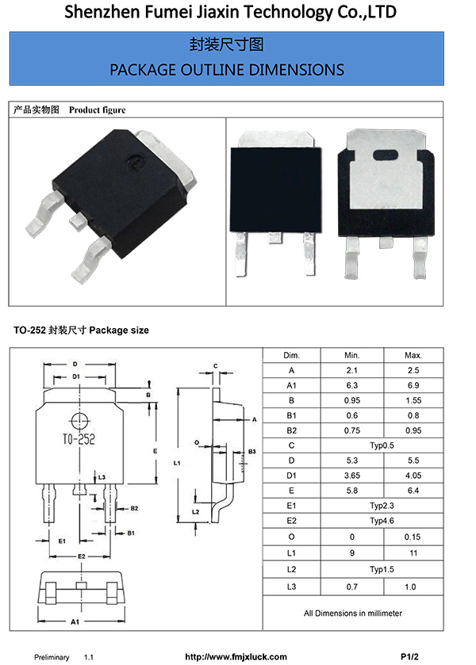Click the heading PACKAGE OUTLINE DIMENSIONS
coord(227,70)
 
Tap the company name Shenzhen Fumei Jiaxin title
coord(230,13)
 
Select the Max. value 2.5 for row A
coord(413,370)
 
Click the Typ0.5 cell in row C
coord(382,445)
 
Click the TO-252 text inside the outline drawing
coord(78,439)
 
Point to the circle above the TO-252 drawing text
coord(78,421)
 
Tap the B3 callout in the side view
coord(251,451)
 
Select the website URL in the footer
coord(236,657)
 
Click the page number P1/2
coord(409,657)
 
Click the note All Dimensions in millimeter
coord(352,613)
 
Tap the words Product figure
coord(97,110)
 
